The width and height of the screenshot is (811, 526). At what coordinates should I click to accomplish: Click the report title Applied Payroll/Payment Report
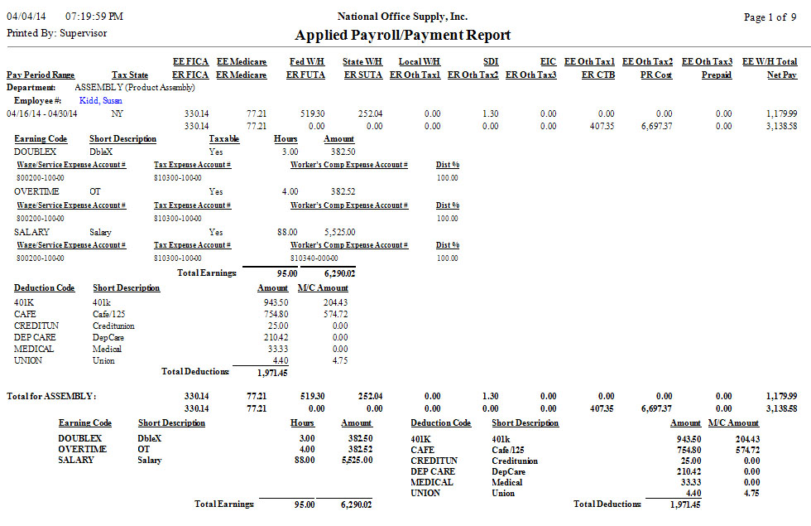point(402,35)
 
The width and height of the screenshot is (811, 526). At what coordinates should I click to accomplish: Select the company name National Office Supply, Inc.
point(403,17)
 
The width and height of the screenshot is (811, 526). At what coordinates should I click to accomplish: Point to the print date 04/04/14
point(27,17)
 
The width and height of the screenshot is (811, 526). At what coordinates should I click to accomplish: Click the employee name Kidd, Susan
point(101,99)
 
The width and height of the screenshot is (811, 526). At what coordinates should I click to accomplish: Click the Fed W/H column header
point(306,62)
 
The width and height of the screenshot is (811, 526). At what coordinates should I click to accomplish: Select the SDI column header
point(490,62)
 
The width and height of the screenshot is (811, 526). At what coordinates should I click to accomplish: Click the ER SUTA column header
point(362,75)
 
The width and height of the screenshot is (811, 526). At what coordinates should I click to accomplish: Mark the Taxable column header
point(224,139)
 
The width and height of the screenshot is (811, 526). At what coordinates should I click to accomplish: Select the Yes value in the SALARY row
point(216,233)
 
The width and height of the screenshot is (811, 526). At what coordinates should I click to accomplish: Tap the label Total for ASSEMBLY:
point(51,396)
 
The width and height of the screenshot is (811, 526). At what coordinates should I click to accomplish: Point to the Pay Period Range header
point(41,75)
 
